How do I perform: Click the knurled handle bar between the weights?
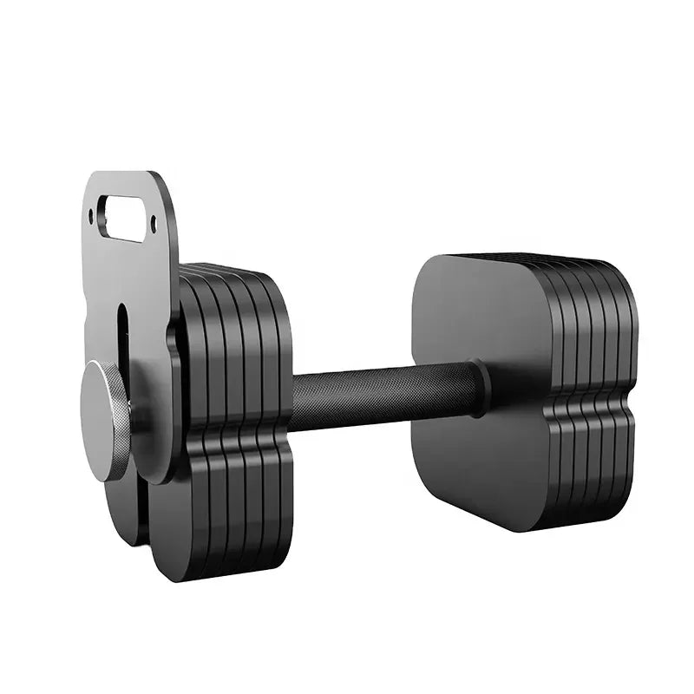(x=382, y=395)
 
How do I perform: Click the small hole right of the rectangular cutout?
(x=154, y=225)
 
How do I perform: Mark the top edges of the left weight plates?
(x=230, y=270)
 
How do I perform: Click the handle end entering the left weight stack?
(x=299, y=401)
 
